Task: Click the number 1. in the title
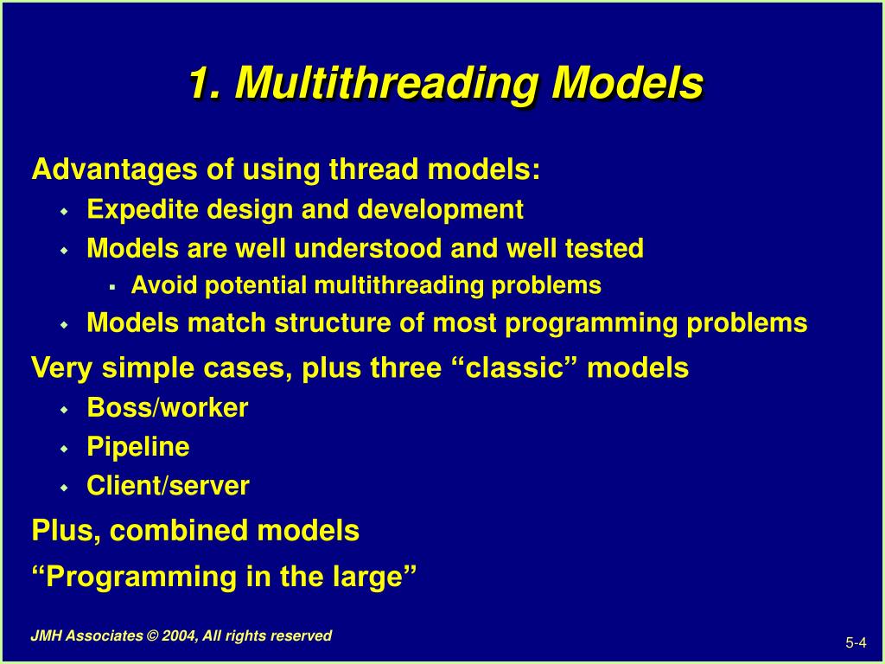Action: point(202,84)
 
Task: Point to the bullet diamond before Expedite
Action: point(64,211)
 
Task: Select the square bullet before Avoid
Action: point(112,286)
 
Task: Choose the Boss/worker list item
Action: point(168,408)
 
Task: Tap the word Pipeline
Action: point(138,447)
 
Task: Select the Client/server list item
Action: point(169,486)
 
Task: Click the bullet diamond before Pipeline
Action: point(64,449)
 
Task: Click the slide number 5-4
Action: point(855,642)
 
